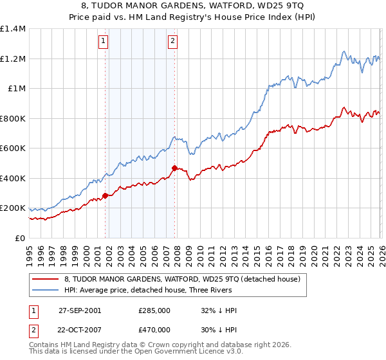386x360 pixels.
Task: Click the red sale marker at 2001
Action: pos(105,196)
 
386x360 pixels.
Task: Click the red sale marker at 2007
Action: pos(174,168)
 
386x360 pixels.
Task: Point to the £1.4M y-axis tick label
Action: pos(13,29)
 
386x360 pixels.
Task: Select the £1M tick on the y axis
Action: pos(17,89)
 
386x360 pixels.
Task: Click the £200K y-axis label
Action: pos(13,208)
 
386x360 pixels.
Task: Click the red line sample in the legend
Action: pos(46,279)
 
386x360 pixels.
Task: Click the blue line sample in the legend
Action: pos(46,290)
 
